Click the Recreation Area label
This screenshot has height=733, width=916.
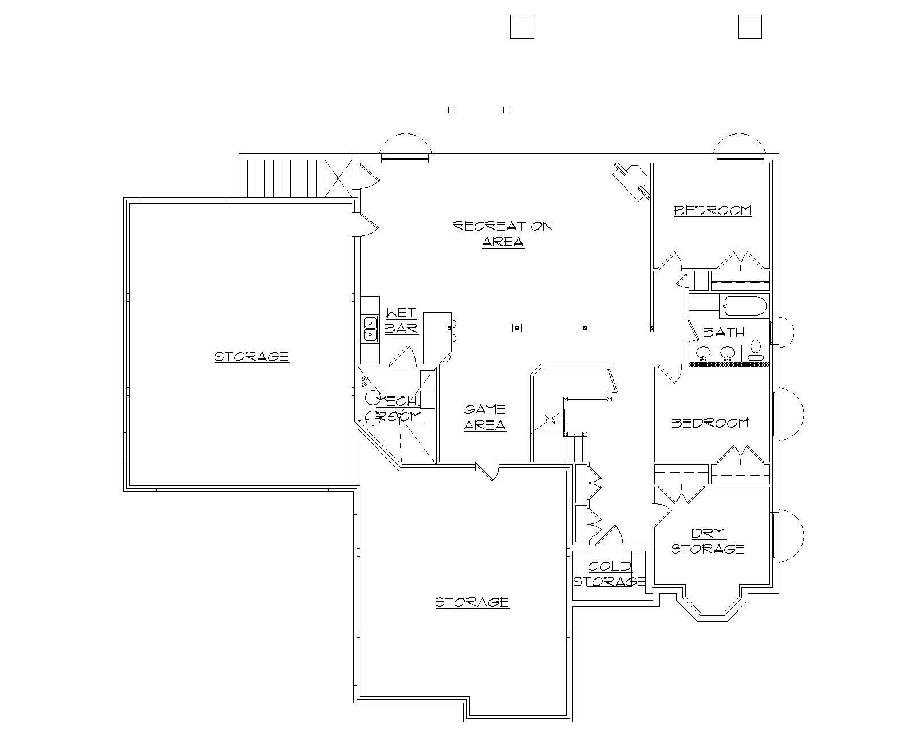(503, 233)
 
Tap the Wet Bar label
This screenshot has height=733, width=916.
(401, 321)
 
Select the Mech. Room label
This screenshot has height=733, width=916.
(398, 409)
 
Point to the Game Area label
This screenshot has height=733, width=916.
(484, 417)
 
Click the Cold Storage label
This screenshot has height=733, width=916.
(610, 574)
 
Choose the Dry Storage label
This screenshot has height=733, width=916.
(708, 541)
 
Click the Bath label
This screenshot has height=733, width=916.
(724, 332)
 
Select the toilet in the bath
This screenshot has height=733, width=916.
(756, 349)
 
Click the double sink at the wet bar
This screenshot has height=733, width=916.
(370, 328)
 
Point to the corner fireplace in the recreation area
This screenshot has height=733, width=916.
(631, 180)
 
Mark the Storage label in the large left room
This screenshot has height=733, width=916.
(252, 357)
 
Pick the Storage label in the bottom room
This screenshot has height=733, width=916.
(472, 602)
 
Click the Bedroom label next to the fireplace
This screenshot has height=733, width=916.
(713, 210)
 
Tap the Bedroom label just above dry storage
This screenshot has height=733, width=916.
(710, 423)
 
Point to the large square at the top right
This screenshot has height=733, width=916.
(749, 27)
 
